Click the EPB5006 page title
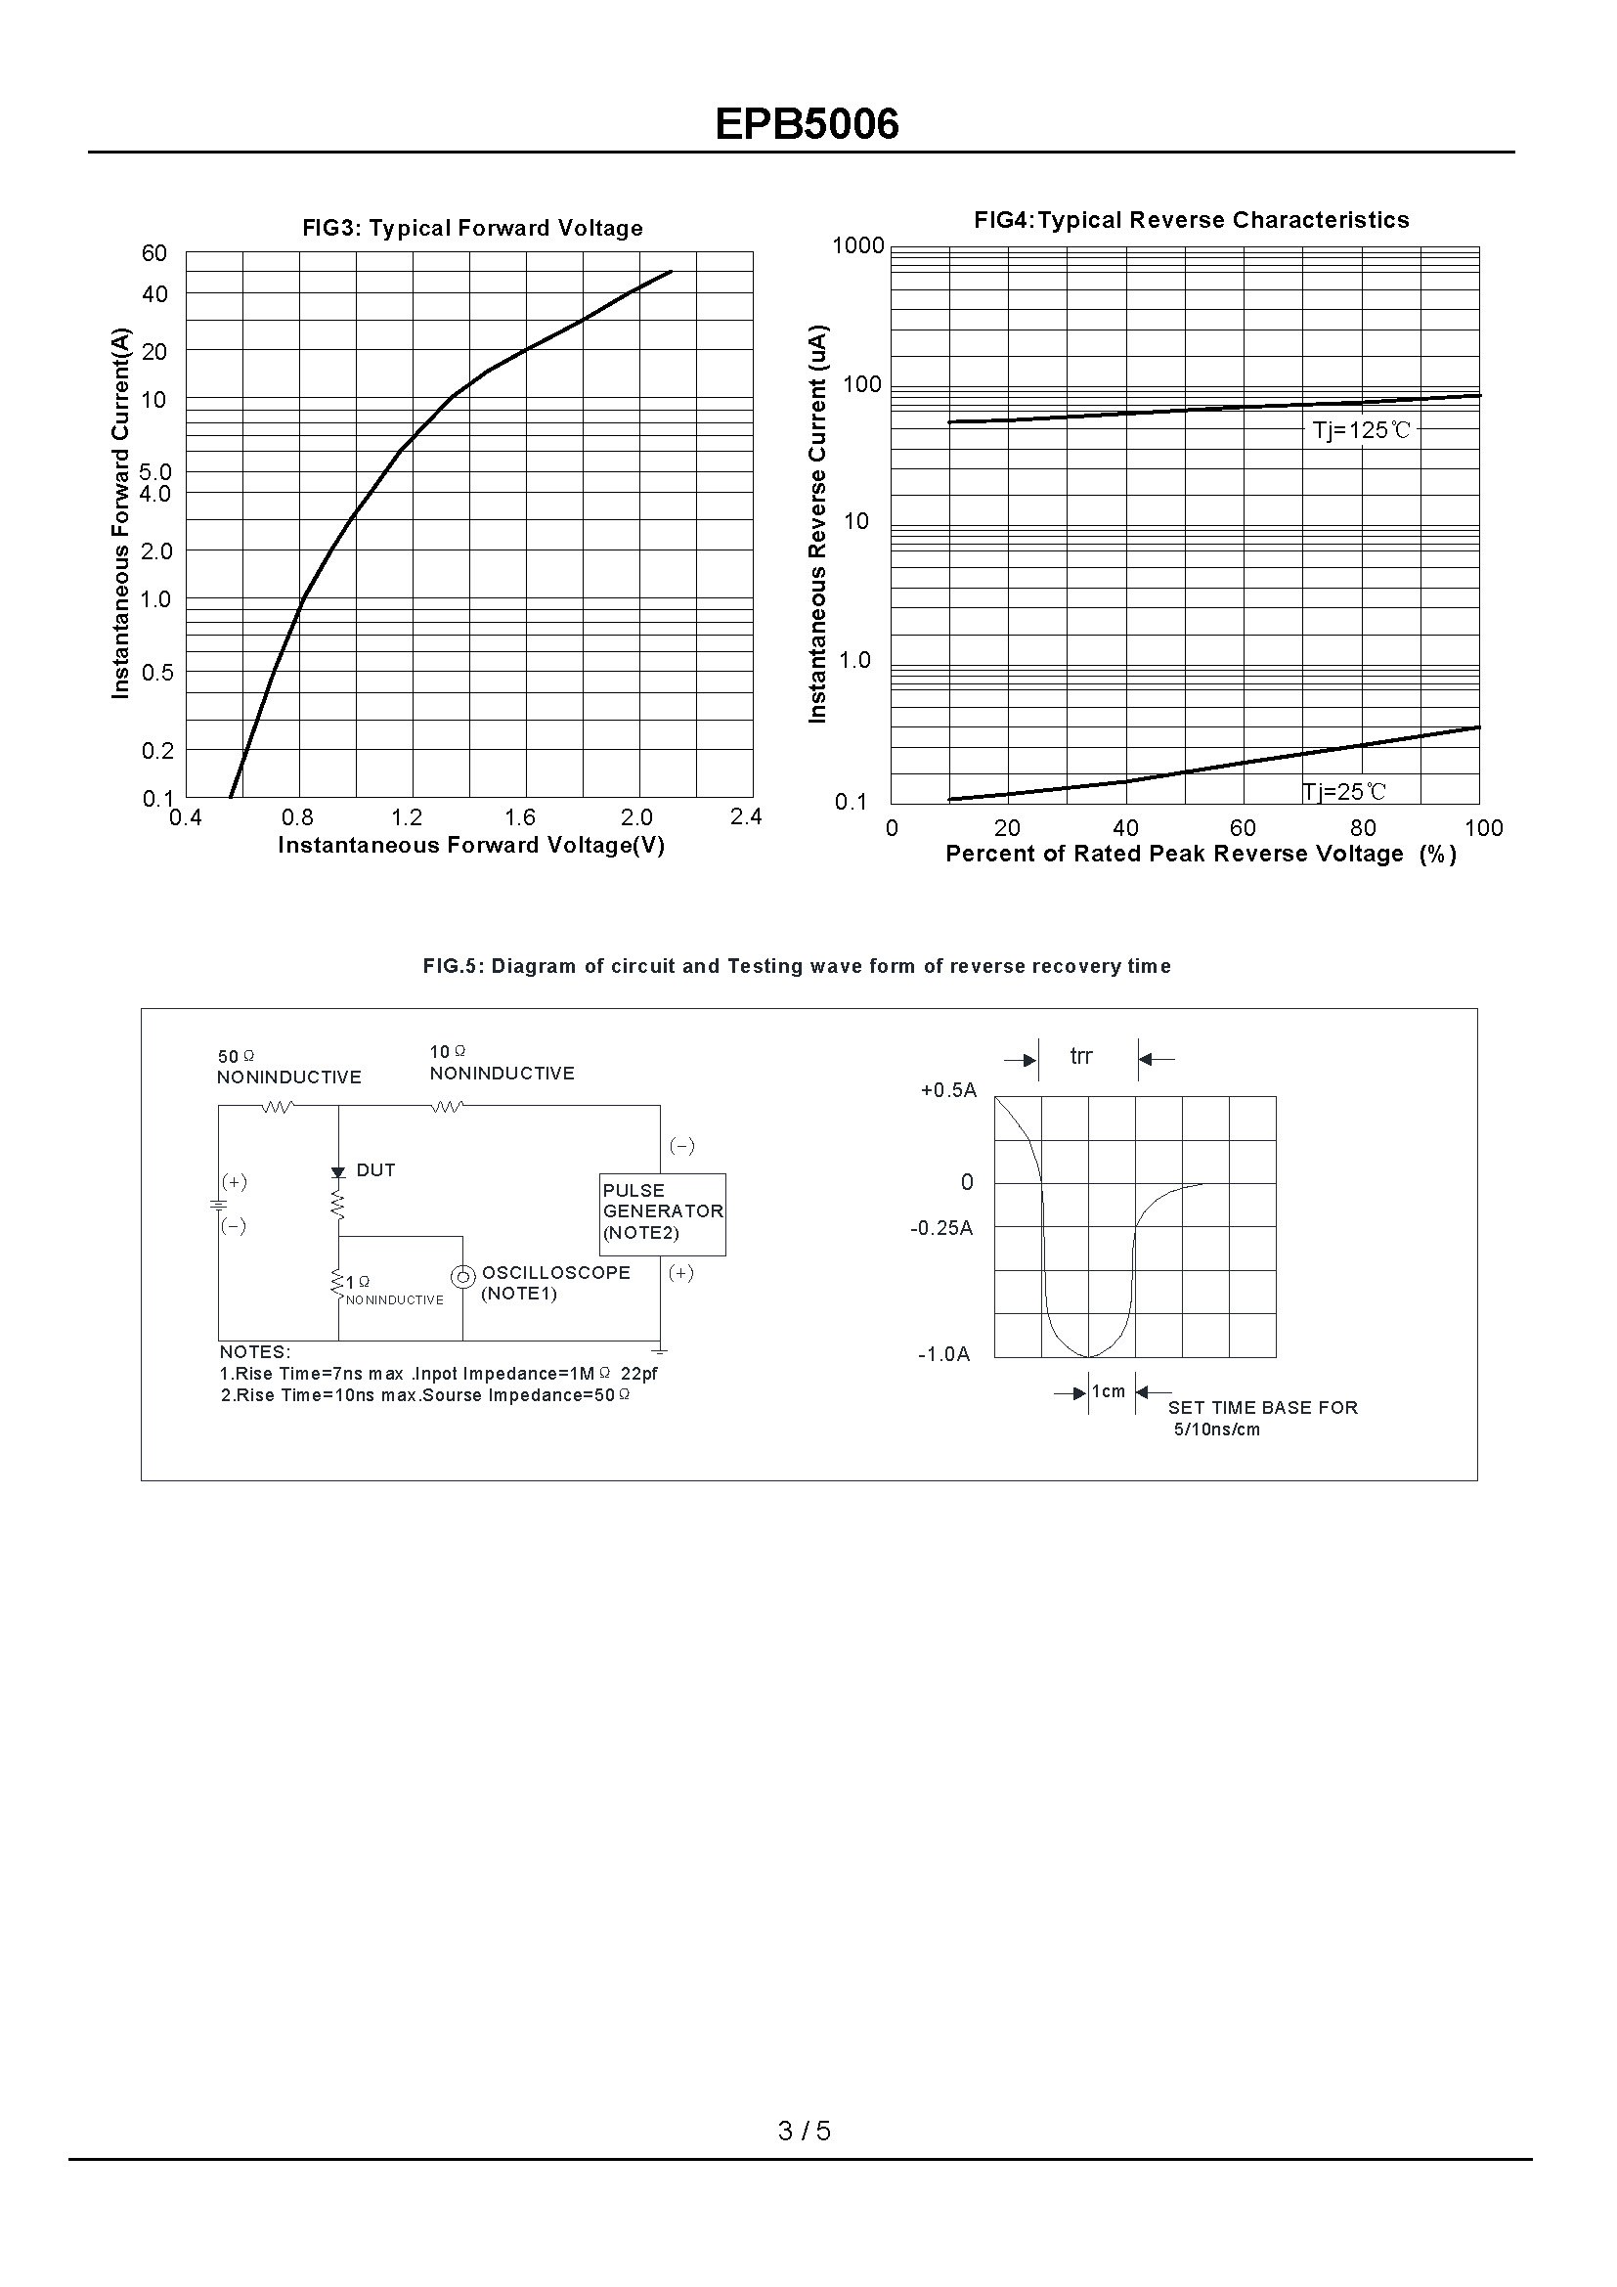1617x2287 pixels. (x=807, y=124)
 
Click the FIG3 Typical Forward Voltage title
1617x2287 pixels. (x=472, y=228)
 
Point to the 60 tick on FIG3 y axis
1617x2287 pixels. (x=154, y=253)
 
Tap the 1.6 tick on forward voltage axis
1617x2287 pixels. (x=520, y=817)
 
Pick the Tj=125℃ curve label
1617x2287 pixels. (x=1361, y=430)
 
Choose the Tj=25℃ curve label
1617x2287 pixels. (x=1344, y=792)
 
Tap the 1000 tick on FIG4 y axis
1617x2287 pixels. (x=857, y=245)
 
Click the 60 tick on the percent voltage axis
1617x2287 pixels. (x=1243, y=828)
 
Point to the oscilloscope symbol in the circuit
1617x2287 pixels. (x=463, y=1276)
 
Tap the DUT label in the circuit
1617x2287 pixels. (x=375, y=1170)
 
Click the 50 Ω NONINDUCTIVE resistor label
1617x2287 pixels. (x=288, y=1067)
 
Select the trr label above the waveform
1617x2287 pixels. (x=1081, y=1056)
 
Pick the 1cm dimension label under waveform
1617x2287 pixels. (x=1109, y=1391)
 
